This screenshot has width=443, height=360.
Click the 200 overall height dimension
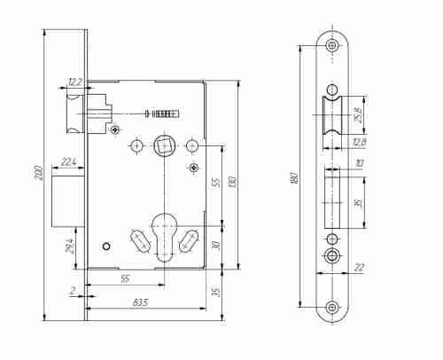click(39, 173)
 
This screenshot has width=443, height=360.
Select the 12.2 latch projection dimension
click(74, 82)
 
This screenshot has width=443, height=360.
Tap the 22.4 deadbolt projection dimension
click(68, 162)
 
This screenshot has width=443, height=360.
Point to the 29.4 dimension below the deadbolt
click(69, 246)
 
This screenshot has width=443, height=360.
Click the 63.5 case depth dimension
click(141, 302)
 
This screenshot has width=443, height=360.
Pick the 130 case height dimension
click(232, 183)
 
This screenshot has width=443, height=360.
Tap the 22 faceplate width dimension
click(359, 268)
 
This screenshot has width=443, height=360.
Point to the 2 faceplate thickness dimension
click(73, 291)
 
